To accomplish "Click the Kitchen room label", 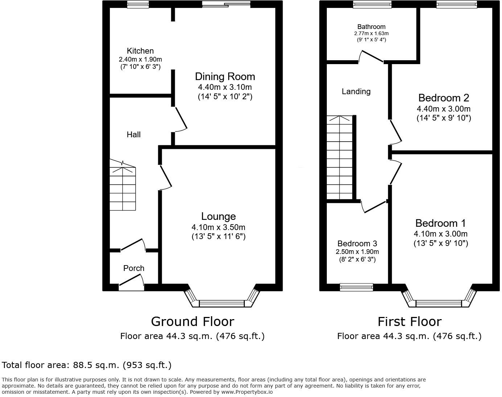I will [x=140, y=51].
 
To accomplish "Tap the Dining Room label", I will [x=225, y=76].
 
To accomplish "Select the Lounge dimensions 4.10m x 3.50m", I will [x=218, y=227].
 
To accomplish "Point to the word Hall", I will [x=133, y=135].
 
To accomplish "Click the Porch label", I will [x=133, y=268].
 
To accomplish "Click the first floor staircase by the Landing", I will [x=340, y=158].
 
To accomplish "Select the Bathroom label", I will [x=371, y=27].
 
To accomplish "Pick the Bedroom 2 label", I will [x=444, y=98].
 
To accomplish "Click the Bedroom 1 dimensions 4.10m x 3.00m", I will [x=440, y=234].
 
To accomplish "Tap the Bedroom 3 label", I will [x=357, y=243].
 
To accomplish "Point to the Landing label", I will [x=356, y=92].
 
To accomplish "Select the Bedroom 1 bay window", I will [x=439, y=303].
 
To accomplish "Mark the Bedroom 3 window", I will [x=356, y=287].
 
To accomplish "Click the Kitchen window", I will [x=138, y=4].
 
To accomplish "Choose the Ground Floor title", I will [x=192, y=322].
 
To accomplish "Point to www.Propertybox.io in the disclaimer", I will [x=247, y=392].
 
